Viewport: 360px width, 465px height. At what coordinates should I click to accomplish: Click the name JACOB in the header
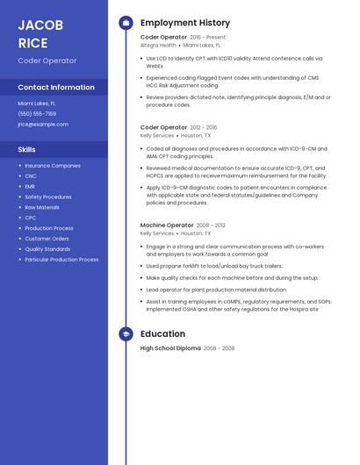pos(40,25)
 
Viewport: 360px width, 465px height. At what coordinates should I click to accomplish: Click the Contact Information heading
pos(56,88)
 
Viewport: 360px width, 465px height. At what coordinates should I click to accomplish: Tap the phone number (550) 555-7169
pos(37,113)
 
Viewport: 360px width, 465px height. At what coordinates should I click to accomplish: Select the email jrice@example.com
pos(43,124)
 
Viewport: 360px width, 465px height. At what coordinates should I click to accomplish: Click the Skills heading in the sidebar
pos(26,150)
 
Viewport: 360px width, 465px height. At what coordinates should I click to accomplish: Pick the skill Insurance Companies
pos(53,165)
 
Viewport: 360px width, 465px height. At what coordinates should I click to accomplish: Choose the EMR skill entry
pos(30,186)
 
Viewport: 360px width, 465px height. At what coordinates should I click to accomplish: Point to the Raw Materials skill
pos(42,207)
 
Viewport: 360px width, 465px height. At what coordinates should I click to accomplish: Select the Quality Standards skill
pos(47,249)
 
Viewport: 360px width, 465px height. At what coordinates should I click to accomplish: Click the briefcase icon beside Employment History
pos(126,23)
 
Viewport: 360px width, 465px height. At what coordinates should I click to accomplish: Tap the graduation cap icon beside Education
pos(126,334)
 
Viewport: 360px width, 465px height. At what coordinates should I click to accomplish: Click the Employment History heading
pos(185,23)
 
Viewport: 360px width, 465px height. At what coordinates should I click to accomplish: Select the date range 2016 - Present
pos(208,38)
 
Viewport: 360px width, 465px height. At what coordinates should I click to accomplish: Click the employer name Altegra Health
pos(158,45)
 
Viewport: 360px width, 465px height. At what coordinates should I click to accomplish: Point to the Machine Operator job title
pos(167,225)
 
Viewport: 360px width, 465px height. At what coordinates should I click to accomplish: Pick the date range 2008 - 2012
pos(211,225)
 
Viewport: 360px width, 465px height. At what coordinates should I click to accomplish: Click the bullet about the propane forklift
pos(214,266)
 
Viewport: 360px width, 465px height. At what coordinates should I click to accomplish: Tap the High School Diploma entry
pos(170,348)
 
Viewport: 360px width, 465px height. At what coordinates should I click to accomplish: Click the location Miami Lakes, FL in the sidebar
pos(37,103)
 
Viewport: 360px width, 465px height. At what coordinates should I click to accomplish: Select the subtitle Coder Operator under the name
pos(47,61)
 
